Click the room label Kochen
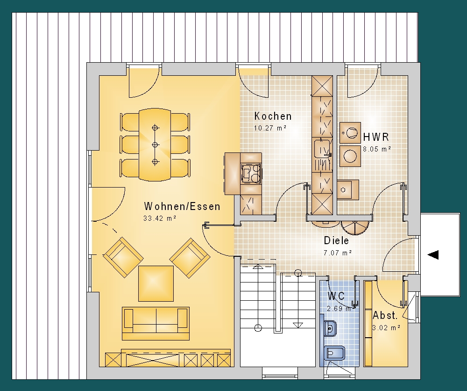tap(273, 116)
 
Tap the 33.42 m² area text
tap(160, 218)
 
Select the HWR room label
tap(376, 137)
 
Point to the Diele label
tap(336, 240)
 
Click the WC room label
tap(336, 296)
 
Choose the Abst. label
tap(385, 315)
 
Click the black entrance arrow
tap(433, 255)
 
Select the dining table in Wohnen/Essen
tap(155, 145)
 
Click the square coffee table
tap(156, 283)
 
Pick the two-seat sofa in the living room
tap(156, 324)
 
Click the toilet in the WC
tap(334, 354)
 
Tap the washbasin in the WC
tap(330, 328)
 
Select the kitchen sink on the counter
tap(322, 148)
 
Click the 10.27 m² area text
tap(270, 128)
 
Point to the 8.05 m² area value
tap(377, 149)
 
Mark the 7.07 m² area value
tap(338, 253)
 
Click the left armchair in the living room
tap(123, 257)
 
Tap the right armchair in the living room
tap(190, 258)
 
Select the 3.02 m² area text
tap(386, 328)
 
